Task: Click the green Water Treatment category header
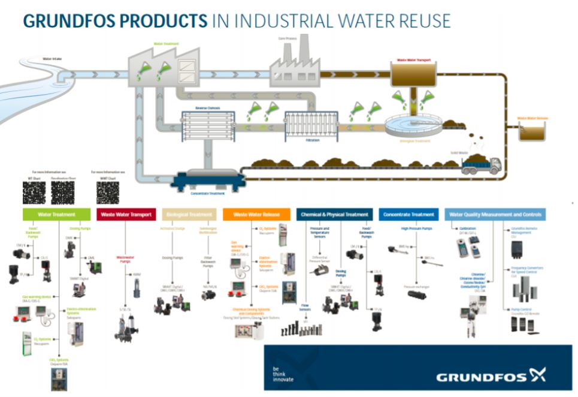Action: pos(56,214)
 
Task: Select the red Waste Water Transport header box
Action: pos(126,214)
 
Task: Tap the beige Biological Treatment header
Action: pos(189,214)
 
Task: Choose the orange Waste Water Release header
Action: pos(256,214)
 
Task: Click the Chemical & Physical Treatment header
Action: pos(334,214)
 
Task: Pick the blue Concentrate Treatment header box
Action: pos(408,214)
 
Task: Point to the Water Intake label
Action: pos(52,59)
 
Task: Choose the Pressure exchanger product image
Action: pos(417,294)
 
